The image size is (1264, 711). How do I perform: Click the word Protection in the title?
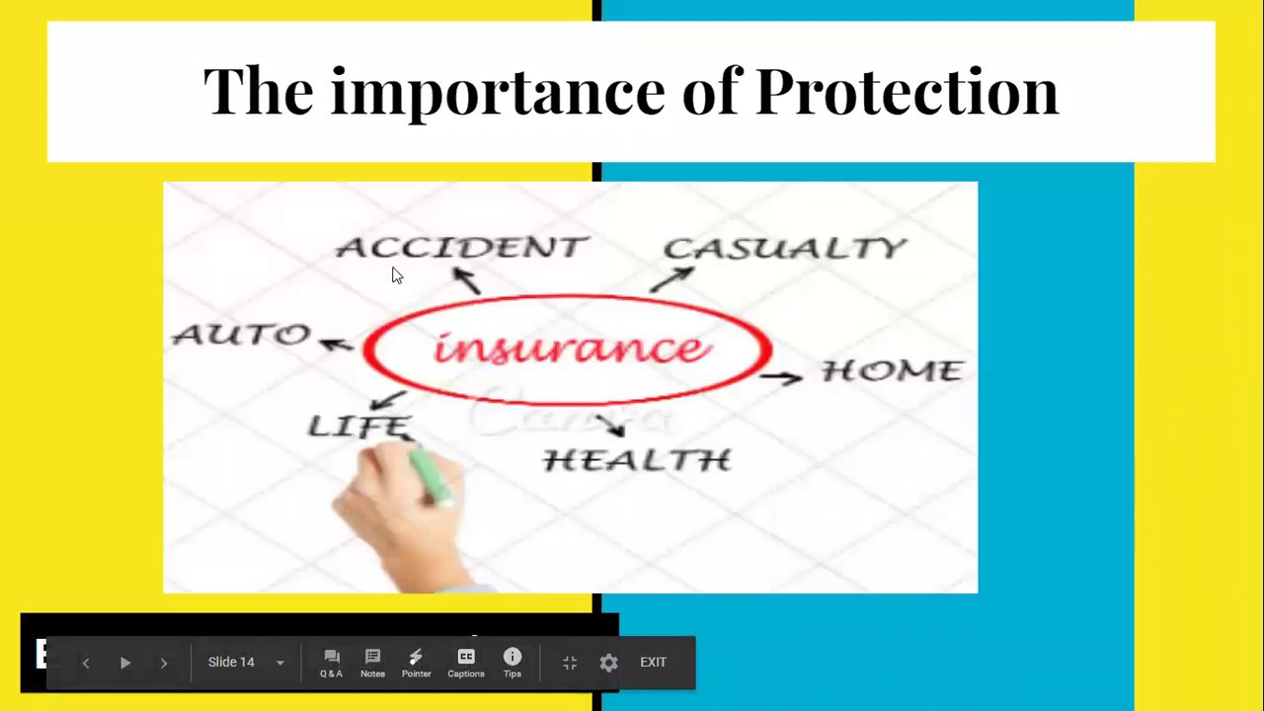(x=906, y=91)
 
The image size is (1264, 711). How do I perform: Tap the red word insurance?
(x=571, y=349)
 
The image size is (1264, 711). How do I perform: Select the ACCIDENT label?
(x=461, y=247)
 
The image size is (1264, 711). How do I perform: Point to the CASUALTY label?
(x=784, y=248)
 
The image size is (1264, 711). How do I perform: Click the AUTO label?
(x=241, y=335)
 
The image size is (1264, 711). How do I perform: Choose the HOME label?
(x=892, y=370)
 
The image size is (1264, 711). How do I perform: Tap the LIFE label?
(x=359, y=426)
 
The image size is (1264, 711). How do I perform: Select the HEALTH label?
(x=637, y=460)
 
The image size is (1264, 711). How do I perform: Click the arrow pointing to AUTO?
(x=335, y=344)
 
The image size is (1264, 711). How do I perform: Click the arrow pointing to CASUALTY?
(x=672, y=279)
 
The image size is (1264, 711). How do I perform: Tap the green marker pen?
(x=432, y=478)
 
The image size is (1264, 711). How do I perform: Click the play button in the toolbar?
(x=125, y=663)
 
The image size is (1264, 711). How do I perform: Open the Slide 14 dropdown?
(x=246, y=663)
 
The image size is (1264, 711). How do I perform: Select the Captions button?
(x=466, y=663)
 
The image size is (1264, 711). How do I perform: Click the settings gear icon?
(x=608, y=663)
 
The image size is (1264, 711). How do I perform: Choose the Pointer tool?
(x=416, y=663)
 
